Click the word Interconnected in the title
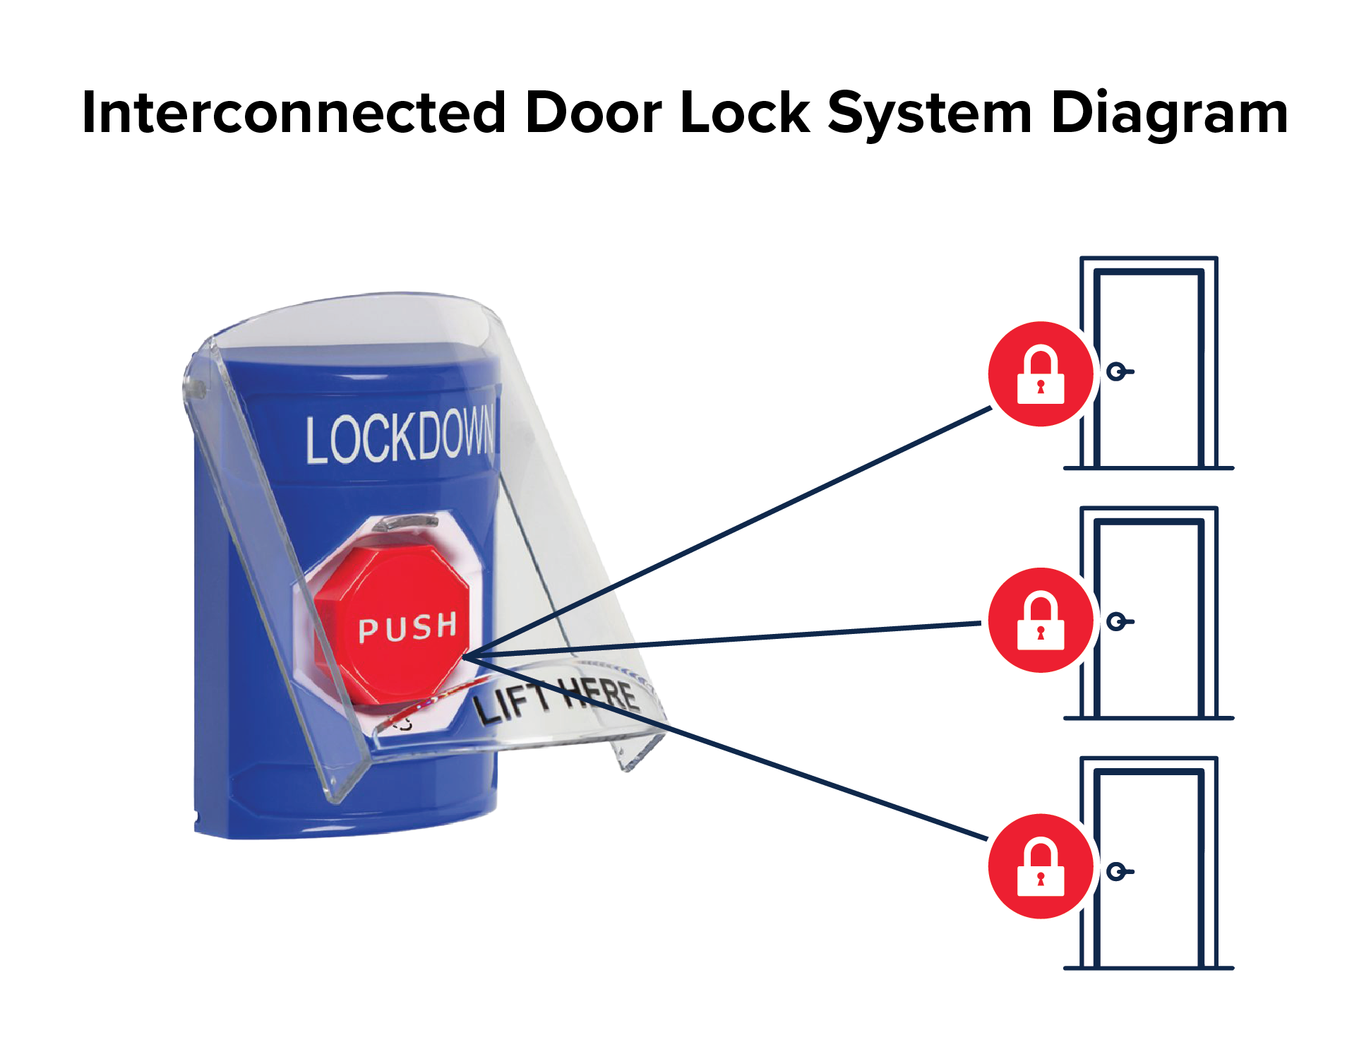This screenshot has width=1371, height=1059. tap(293, 113)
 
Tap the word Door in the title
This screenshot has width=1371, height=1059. tap(593, 113)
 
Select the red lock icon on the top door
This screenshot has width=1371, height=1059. tap(1040, 374)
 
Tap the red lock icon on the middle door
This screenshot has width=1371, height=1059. tap(1040, 620)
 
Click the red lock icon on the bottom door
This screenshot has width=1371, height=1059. tap(1040, 866)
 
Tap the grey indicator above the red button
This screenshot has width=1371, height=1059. tap(405, 523)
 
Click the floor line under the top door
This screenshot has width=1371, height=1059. tap(1148, 468)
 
